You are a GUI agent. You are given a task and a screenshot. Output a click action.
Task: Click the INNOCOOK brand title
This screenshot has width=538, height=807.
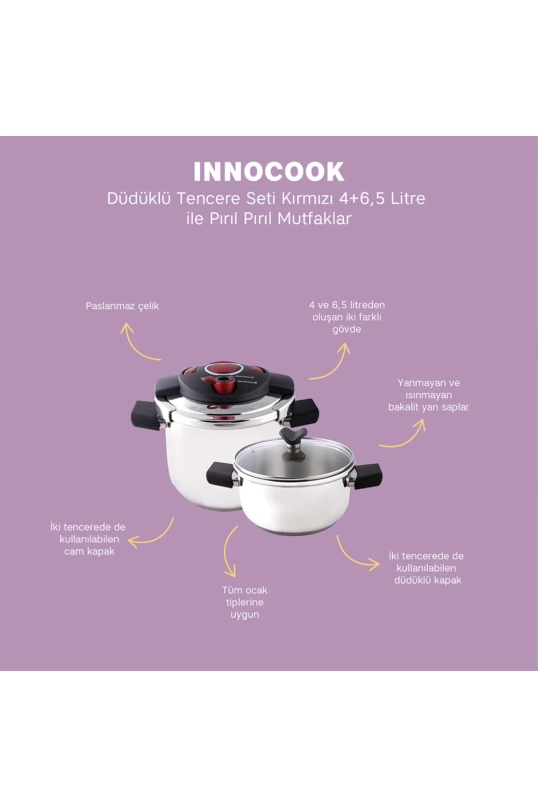pyautogui.click(x=268, y=172)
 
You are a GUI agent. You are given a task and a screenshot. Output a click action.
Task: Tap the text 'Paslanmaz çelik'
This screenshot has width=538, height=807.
pyautogui.click(x=122, y=306)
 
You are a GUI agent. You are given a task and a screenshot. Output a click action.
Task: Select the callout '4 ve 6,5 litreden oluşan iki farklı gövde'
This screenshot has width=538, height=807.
pyautogui.click(x=346, y=317)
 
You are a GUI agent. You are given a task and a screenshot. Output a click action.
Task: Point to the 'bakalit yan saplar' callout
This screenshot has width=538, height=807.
pyautogui.click(x=428, y=395)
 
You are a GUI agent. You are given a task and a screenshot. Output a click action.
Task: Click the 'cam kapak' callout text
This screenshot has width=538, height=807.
pyautogui.click(x=89, y=539)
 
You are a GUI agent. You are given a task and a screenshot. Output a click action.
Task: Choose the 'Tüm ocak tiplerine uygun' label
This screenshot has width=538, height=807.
pyautogui.click(x=245, y=602)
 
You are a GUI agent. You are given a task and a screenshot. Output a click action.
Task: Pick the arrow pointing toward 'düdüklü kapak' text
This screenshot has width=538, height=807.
pyautogui.click(x=355, y=555)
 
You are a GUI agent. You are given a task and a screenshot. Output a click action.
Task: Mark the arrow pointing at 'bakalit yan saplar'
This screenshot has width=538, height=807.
pyautogui.click(x=403, y=436)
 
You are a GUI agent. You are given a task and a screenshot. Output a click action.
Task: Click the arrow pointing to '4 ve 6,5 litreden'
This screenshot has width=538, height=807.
pyautogui.click(x=331, y=363)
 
